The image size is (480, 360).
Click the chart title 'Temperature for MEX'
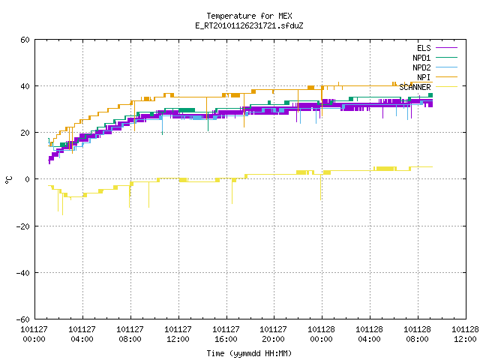click(249, 16)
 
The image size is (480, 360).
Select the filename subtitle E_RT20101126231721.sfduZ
click(249, 25)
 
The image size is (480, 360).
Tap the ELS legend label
click(424, 48)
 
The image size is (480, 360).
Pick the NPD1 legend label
click(421, 58)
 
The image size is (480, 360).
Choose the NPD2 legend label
click(421, 67)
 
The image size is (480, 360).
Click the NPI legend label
click(424, 77)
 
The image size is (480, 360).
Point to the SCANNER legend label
click(415, 87)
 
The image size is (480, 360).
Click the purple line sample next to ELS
click(446, 48)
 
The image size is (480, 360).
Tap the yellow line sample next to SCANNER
click(446, 87)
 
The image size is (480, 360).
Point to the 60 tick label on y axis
click(25, 40)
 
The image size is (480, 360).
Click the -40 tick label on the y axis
click(23, 273)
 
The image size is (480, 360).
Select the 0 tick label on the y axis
click(28, 179)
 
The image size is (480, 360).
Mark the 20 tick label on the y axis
click(25, 133)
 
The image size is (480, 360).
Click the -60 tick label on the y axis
click(23, 319)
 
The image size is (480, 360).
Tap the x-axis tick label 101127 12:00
click(178, 334)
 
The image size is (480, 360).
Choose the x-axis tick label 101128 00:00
click(322, 334)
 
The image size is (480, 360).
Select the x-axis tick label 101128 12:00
click(465, 334)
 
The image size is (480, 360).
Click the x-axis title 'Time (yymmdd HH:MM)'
click(249, 353)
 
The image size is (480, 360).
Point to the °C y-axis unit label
click(8, 180)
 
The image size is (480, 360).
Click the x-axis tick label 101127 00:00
click(34, 334)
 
